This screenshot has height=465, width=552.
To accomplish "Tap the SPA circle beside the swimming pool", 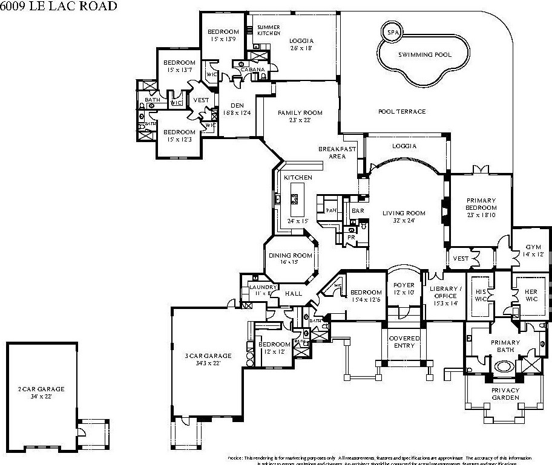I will coord(393,32).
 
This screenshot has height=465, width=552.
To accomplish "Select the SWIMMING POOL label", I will coord(424,54).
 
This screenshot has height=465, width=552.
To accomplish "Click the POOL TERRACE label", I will coord(401,111).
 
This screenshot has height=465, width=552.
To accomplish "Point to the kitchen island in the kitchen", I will coord(296,199).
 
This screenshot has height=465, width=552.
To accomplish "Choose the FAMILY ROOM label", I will coord(300,113).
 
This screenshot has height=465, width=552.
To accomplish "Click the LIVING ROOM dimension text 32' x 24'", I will coord(404,221).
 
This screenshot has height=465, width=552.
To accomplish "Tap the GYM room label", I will coord(533,247).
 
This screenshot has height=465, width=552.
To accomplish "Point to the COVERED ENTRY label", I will coord(404,342).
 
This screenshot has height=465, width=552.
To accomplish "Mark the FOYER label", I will coord(404,285).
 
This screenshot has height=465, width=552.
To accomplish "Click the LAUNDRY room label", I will coord(263,287).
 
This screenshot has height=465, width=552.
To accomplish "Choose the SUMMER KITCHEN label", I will coord(268,30).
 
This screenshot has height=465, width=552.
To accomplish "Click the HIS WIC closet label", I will coord(481,294).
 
